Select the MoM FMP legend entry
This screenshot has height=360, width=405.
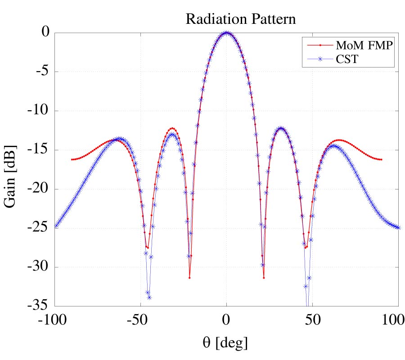pos(358,45)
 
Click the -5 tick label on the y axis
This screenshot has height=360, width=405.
pos(40,72)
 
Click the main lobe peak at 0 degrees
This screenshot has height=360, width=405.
pos(227,33)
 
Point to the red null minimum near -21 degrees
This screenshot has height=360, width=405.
pos(189,277)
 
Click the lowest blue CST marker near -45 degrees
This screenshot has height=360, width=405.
pos(149,297)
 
